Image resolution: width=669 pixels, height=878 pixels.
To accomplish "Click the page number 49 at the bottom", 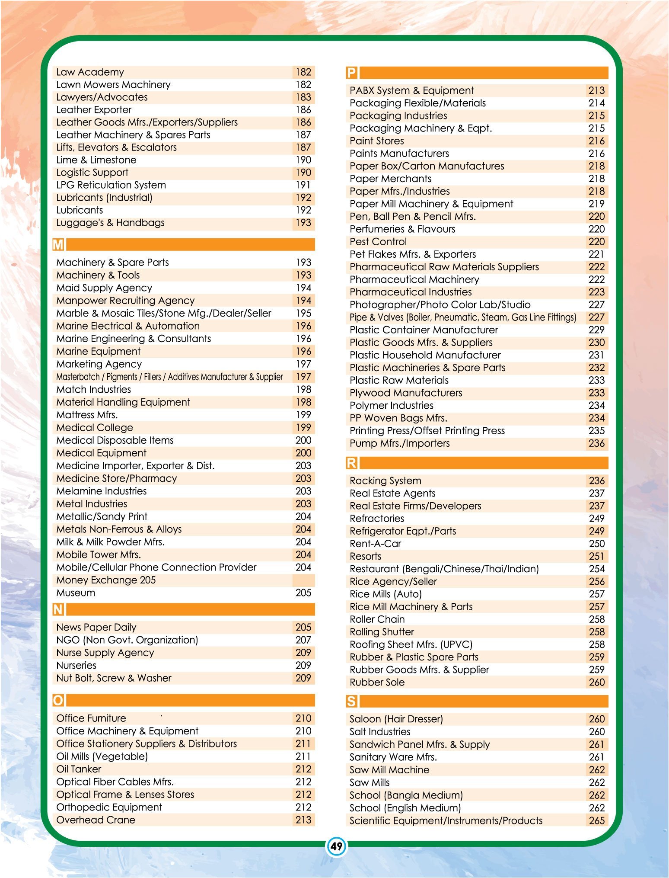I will click(x=336, y=846).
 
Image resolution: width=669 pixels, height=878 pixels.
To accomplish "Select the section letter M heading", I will click(x=58, y=245).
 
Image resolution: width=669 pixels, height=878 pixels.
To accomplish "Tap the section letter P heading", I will click(x=352, y=73).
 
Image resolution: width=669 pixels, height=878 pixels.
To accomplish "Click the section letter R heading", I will click(x=352, y=463).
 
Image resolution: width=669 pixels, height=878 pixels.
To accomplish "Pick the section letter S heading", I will click(x=352, y=701).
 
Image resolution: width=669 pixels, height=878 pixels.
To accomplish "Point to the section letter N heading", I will click(x=58, y=609).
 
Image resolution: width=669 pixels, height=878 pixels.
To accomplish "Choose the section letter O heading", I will click(x=58, y=700).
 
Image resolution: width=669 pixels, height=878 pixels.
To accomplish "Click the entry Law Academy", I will click(x=90, y=72).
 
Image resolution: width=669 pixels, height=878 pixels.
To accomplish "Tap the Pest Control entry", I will click(x=378, y=242).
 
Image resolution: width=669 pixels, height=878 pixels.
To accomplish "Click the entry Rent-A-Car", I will click(x=375, y=544).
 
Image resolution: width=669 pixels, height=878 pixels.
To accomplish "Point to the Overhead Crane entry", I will click(x=96, y=820).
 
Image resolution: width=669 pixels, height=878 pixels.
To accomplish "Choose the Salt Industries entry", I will click(x=380, y=732).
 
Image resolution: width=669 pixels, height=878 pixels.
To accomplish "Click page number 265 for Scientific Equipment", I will click(x=596, y=821).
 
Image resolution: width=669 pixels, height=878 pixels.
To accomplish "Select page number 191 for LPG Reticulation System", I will click(x=303, y=185).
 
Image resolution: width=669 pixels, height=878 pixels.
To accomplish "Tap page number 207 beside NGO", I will click(x=303, y=640).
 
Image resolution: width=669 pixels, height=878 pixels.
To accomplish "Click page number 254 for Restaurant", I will click(x=596, y=569).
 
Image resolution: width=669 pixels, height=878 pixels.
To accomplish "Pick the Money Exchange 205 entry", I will click(x=106, y=580).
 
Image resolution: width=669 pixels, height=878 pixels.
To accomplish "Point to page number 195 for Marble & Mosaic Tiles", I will click(x=303, y=313).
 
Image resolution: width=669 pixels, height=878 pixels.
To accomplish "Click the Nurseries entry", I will click(x=76, y=666).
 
